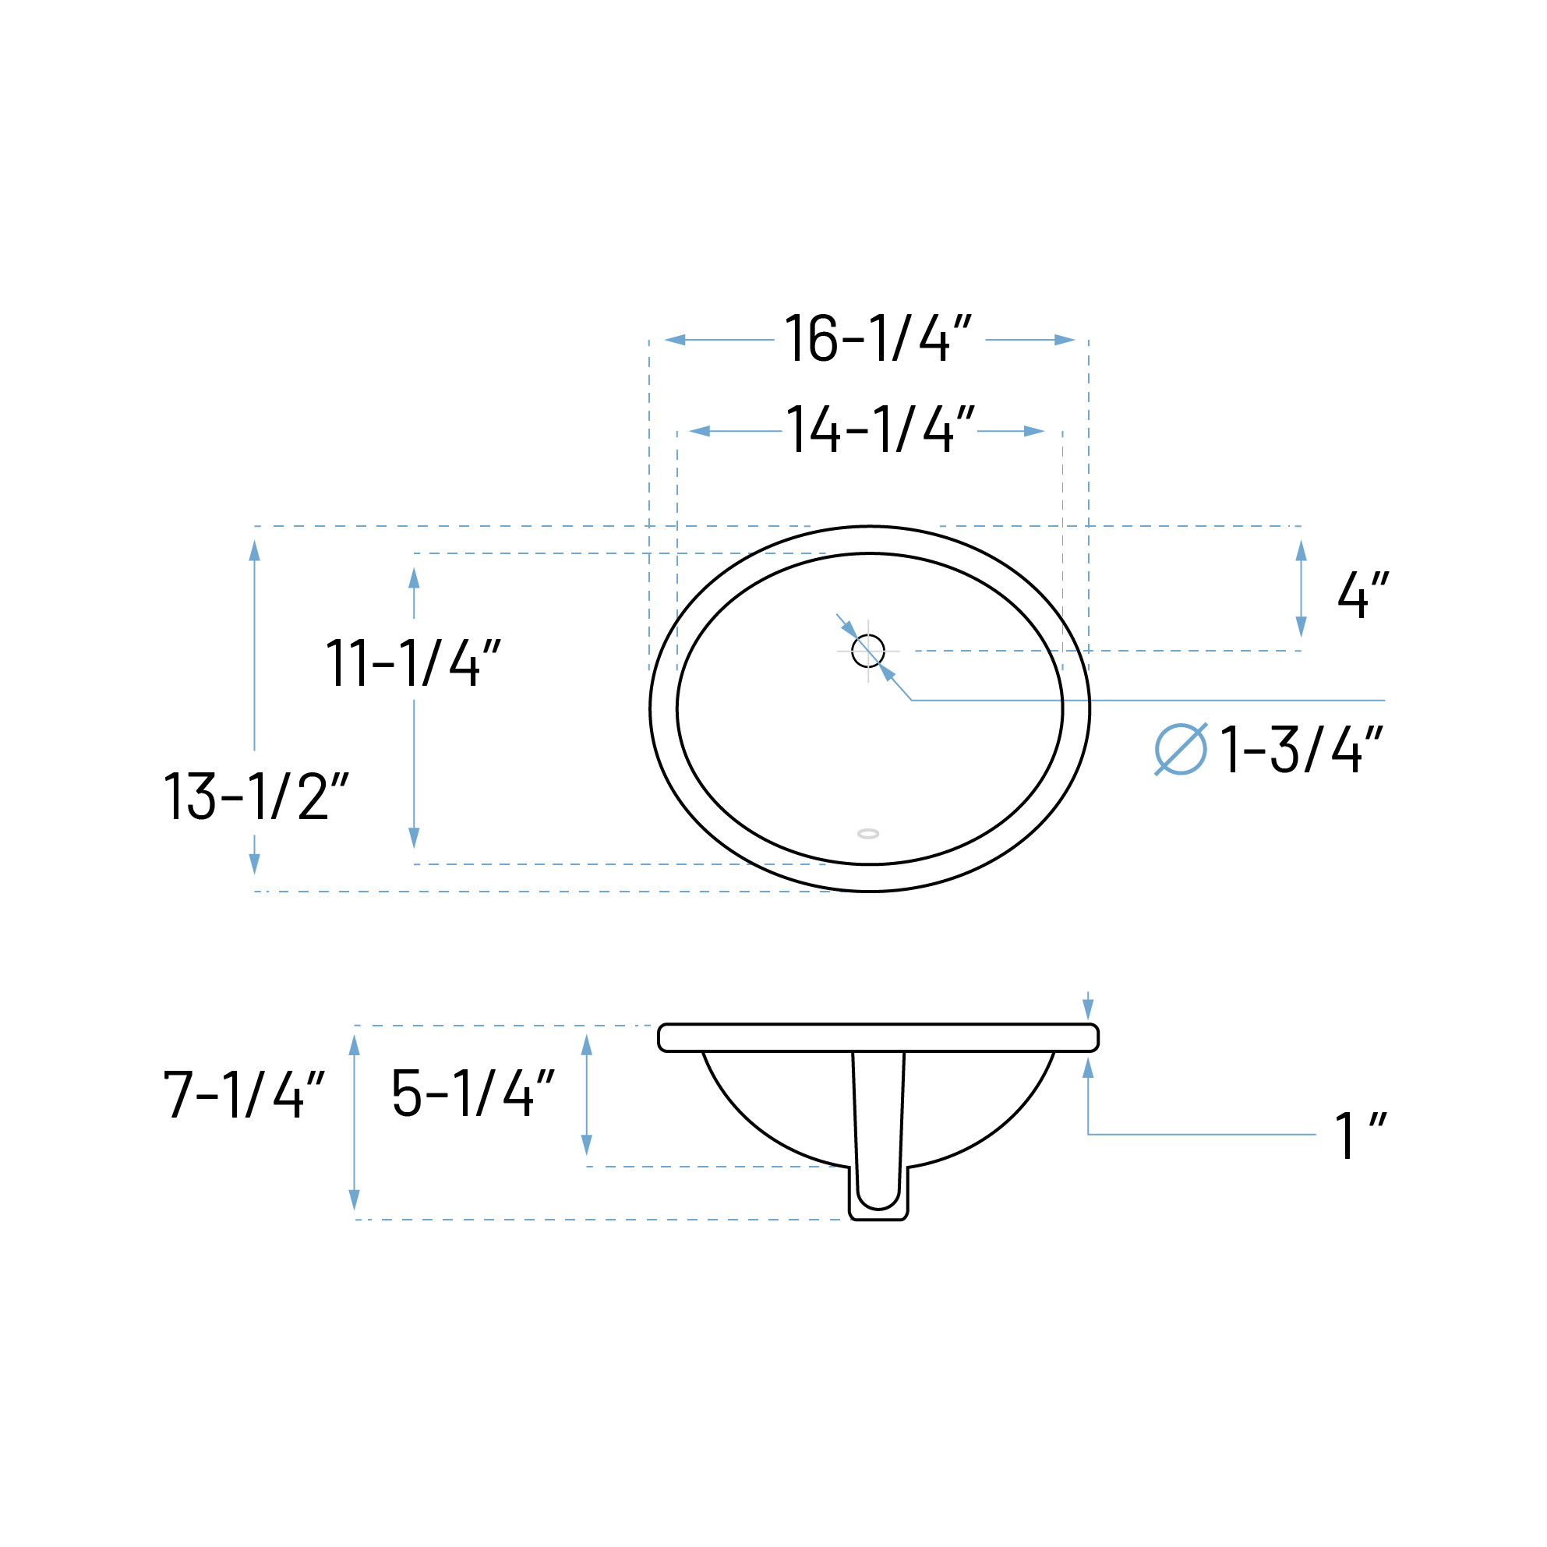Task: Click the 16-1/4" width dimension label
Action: coord(878,339)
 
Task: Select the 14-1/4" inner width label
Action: coord(880,429)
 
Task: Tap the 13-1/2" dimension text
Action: coord(256,796)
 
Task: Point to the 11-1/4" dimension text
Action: coord(413,662)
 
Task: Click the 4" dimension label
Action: coord(1363,593)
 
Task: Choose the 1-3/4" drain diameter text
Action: coord(1302,749)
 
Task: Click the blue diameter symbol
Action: coord(1180,749)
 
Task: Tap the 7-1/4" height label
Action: coord(244,1093)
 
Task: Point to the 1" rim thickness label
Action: coord(1361,1135)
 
